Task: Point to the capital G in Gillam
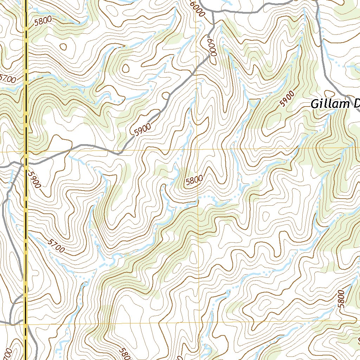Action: pyautogui.click(x=315, y=104)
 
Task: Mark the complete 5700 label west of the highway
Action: pyautogui.click(x=8, y=79)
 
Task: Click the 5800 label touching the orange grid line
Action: pyautogui.click(x=194, y=180)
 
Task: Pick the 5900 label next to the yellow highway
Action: pyautogui.click(x=35, y=180)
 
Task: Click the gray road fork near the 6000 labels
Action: pyautogui.click(x=213, y=25)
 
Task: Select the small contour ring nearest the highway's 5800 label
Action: pyautogui.click(x=63, y=46)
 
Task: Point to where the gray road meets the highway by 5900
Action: pyautogui.click(x=26, y=163)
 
